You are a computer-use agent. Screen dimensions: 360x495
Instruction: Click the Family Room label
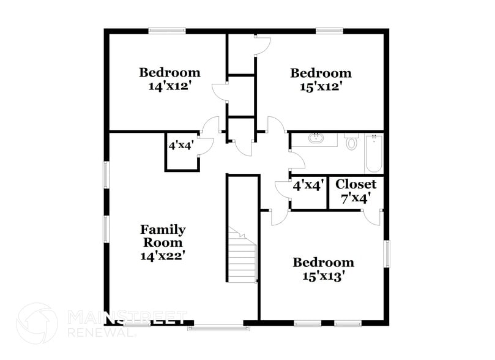click(x=163, y=236)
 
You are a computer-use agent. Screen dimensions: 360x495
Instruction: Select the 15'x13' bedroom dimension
click(x=323, y=276)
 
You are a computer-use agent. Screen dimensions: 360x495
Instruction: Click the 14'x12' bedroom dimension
click(x=169, y=86)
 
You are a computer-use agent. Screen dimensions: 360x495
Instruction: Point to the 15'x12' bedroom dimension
click(x=321, y=87)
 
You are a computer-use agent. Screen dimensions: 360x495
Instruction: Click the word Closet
click(x=355, y=184)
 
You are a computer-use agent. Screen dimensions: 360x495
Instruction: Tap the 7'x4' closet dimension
click(x=355, y=198)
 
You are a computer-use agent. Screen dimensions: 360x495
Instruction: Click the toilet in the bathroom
click(x=351, y=143)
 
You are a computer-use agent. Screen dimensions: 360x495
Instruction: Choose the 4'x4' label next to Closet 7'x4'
click(x=307, y=186)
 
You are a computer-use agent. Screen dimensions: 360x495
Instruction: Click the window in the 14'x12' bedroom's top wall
click(x=167, y=29)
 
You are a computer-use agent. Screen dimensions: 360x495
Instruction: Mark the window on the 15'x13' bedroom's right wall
click(x=387, y=253)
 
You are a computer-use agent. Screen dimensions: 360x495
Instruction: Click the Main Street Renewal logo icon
click(x=37, y=323)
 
